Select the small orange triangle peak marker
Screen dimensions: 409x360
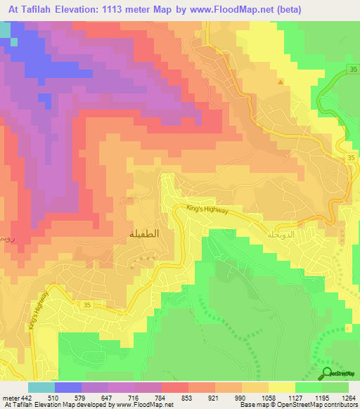[x=281, y=81]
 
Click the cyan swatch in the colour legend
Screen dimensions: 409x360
[x=40, y=387]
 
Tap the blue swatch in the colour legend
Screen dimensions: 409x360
[x=67, y=387]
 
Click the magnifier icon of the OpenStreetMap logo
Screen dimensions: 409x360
[x=327, y=372]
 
